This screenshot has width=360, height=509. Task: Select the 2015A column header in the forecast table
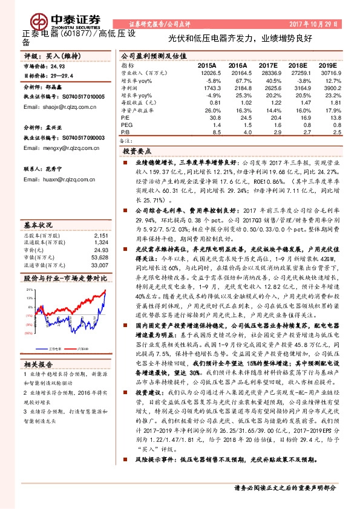tap(206, 64)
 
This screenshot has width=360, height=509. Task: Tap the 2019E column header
tap(327, 64)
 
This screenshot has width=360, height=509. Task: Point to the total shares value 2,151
tap(100, 235)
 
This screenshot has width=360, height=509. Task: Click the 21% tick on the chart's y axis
tap(28, 290)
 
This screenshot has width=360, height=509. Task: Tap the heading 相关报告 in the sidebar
tap(38, 364)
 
